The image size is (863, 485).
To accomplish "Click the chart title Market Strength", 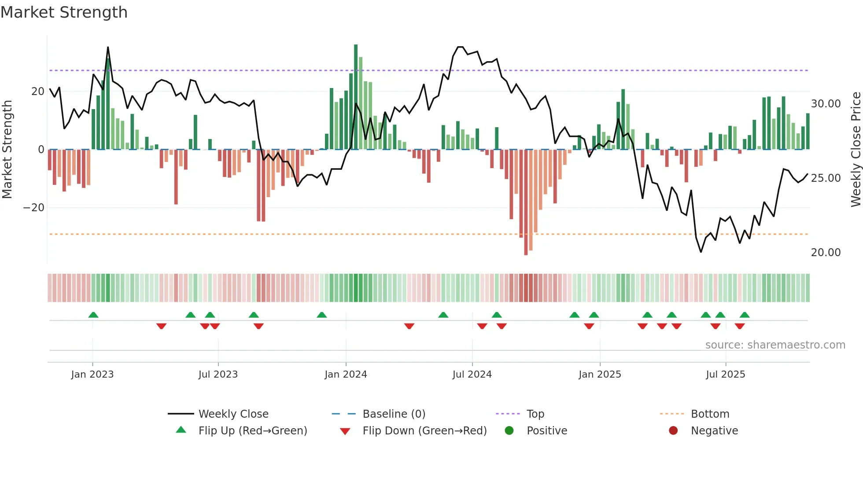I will point(64,12).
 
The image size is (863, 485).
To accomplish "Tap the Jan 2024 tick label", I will point(346,375).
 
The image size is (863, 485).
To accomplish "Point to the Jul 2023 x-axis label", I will point(218,375).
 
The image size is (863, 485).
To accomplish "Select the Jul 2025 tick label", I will point(725,375).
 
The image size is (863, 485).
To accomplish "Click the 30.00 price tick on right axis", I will point(826,104).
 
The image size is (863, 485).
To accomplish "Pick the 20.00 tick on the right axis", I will point(826,253).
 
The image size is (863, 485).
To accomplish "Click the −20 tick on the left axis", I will point(34,208).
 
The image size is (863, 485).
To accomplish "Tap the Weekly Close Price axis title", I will point(856,150).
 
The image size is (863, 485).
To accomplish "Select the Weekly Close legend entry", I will point(233,414).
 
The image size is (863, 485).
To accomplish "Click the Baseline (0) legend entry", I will point(394,414).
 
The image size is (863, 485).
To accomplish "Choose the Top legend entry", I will point(535,414).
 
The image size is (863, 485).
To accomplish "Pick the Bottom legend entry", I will point(710,414).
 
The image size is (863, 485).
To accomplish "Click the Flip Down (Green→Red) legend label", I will point(424,431).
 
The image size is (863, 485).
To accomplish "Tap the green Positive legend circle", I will point(509,431).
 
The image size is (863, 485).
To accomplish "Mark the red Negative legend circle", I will point(673,431).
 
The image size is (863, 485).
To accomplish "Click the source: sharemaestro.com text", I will point(775,345).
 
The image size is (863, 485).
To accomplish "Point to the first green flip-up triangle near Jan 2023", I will point(93,315).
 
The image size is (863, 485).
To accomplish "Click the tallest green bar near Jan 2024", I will point(356,97).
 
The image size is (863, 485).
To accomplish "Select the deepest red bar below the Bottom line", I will point(526,202).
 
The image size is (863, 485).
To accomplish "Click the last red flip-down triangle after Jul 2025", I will point(740,326).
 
